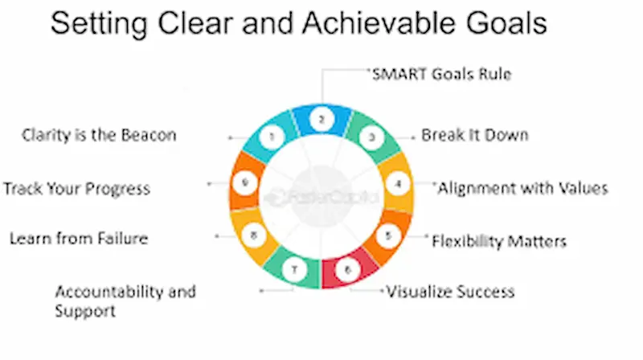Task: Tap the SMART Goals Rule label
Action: tap(440, 74)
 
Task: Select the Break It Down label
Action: tap(475, 135)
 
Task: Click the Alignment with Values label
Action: tap(522, 188)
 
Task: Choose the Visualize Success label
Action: tap(450, 291)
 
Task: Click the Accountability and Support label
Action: tap(125, 301)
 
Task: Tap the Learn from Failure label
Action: tap(79, 238)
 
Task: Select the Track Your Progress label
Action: tap(77, 189)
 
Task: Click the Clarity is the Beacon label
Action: tap(99, 135)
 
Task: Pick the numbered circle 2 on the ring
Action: tap(321, 119)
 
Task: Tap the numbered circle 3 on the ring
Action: tap(371, 137)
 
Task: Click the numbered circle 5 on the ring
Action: tap(388, 235)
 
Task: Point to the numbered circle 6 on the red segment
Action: tap(347, 270)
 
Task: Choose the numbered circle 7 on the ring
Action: tap(295, 271)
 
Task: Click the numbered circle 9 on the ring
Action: tap(245, 183)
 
